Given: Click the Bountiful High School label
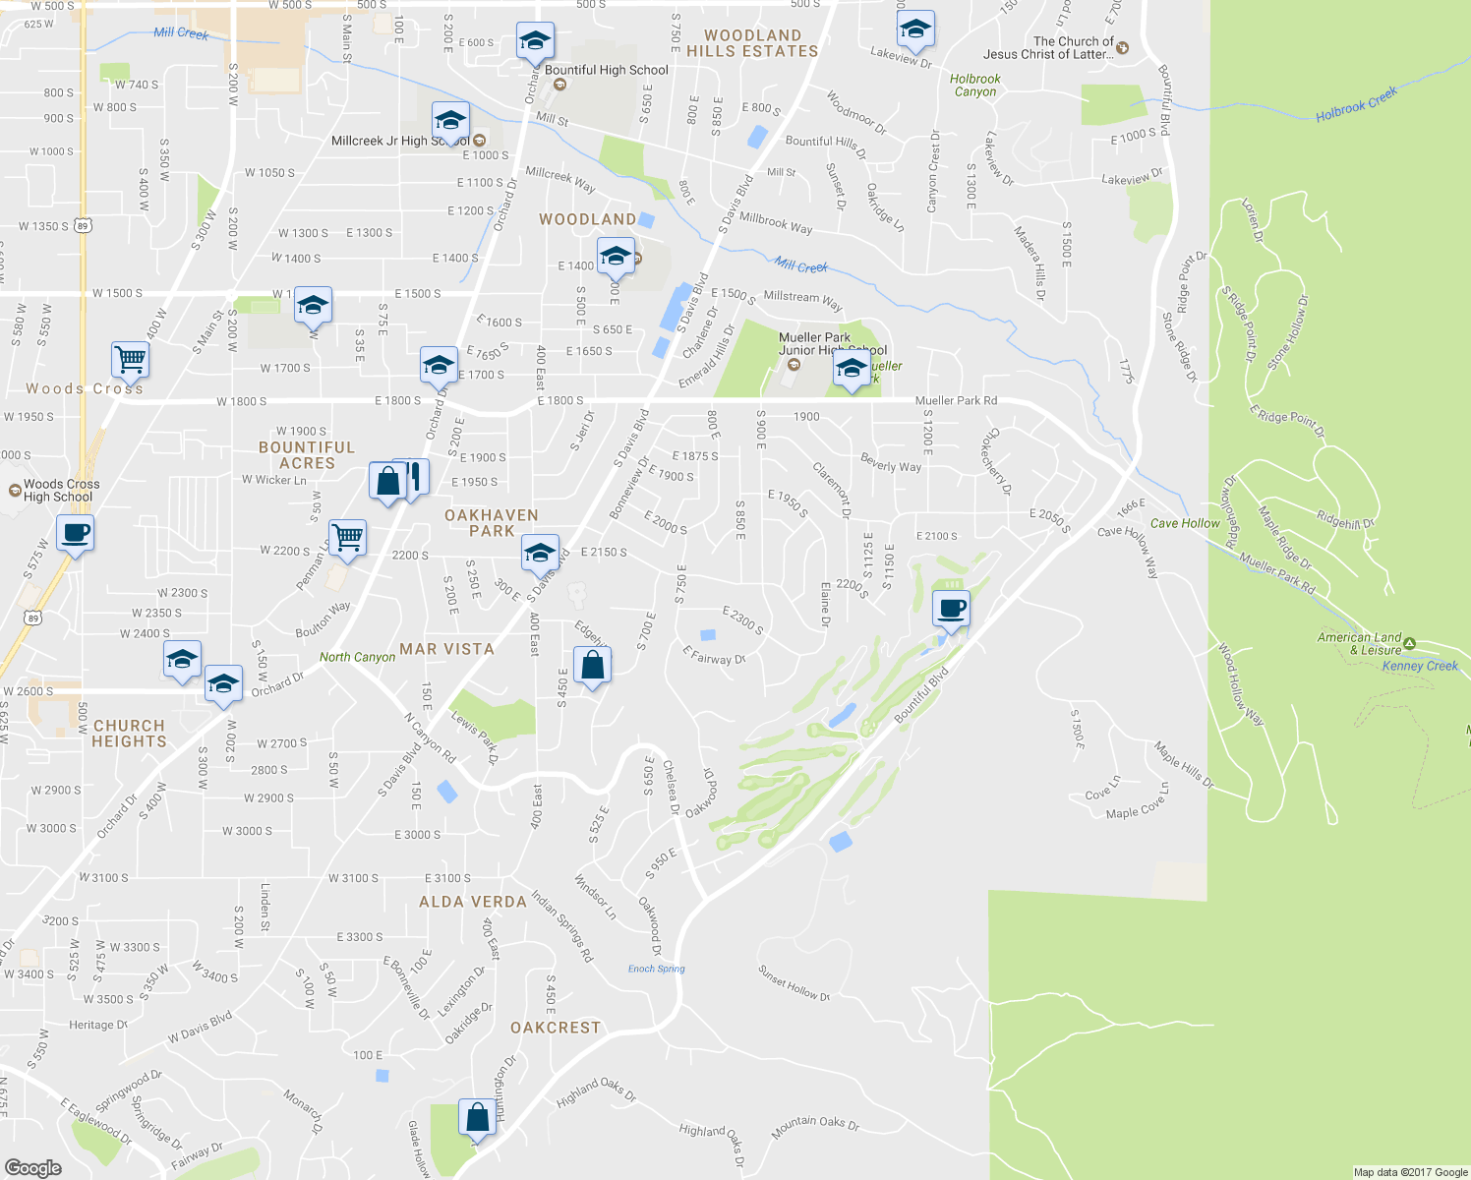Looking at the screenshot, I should click(606, 70).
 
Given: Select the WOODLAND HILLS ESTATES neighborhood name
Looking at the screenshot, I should click(752, 43).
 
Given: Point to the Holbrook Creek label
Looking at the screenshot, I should click(1356, 105).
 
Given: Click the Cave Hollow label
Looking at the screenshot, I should click(1184, 523).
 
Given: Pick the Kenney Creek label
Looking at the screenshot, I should click(1420, 666).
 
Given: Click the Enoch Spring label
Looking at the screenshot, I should click(656, 969).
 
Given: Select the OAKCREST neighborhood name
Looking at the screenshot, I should click(555, 1028).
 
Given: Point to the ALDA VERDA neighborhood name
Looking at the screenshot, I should click(473, 902).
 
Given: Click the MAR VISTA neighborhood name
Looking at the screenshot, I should click(446, 649).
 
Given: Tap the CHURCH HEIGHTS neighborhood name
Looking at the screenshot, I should click(129, 734).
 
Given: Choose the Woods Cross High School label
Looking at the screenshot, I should click(61, 490).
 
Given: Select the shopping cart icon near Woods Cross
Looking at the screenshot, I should click(130, 359).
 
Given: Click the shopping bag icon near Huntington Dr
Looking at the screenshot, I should click(477, 1118).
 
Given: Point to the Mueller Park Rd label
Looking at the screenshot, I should click(956, 400).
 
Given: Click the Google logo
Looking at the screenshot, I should click(33, 1167).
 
